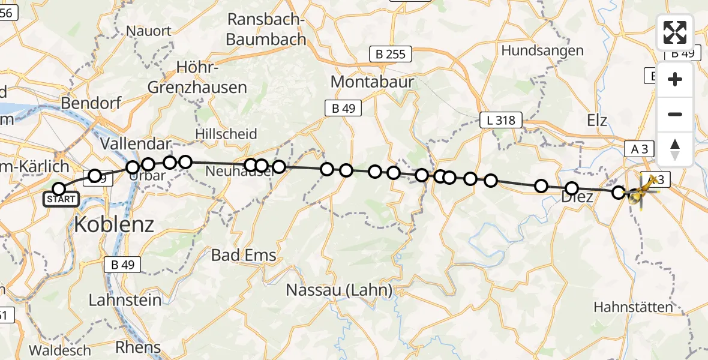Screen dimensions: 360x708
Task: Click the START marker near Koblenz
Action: point(60,199)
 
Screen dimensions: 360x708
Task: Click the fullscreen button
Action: point(675,32)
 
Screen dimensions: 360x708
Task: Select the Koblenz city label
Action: point(114,224)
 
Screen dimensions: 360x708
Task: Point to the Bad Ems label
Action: point(244,254)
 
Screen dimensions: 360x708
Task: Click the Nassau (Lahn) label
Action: point(339,290)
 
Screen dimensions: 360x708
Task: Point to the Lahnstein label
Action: point(125,299)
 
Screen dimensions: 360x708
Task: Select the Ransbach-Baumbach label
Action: point(267,29)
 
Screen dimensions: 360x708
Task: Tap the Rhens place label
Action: point(138,347)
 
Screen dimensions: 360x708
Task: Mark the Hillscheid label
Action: point(226,133)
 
